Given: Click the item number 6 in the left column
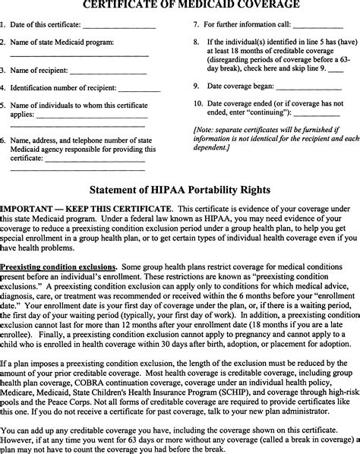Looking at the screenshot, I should [3, 140].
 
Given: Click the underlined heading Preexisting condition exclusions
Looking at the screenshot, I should [58, 267].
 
